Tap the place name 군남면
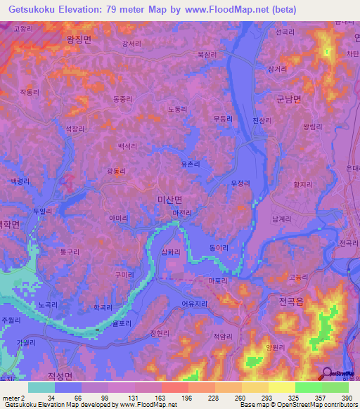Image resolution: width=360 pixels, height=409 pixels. (x=288, y=100)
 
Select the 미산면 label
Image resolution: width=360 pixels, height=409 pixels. (x=169, y=200)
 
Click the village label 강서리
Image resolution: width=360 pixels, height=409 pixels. (x=131, y=43)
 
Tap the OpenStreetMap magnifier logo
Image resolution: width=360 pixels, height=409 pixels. (x=327, y=375)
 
